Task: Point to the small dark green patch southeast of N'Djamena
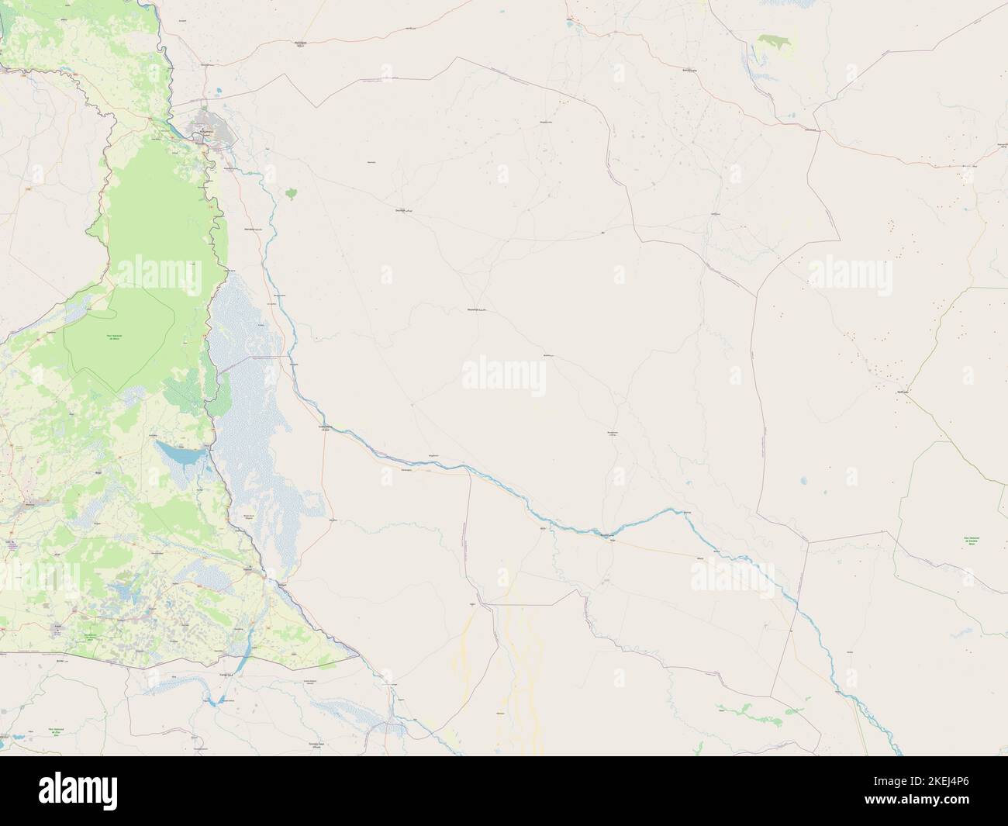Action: pyautogui.click(x=292, y=192)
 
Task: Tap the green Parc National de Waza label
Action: pyautogui.click(x=116, y=337)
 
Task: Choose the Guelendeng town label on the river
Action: pyautogui.click(x=326, y=427)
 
